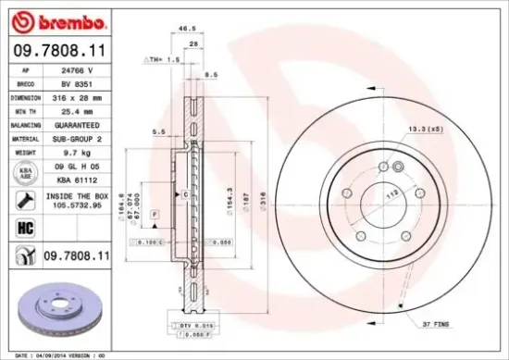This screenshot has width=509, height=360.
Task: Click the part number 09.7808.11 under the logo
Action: tap(57, 52)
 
